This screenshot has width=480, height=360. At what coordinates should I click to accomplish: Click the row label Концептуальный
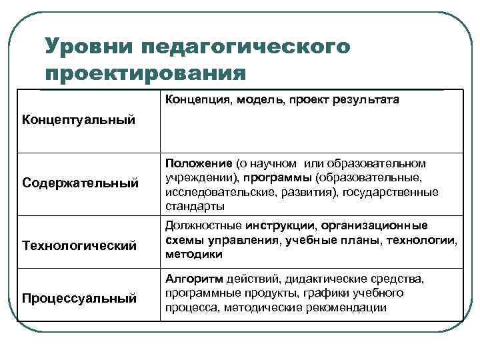[79, 120]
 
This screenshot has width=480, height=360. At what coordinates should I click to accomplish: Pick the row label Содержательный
[80, 182]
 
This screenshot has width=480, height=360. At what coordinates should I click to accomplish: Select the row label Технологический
[79, 246]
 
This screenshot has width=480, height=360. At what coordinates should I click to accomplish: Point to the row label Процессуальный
[79, 297]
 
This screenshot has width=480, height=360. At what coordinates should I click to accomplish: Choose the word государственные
[398, 192]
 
